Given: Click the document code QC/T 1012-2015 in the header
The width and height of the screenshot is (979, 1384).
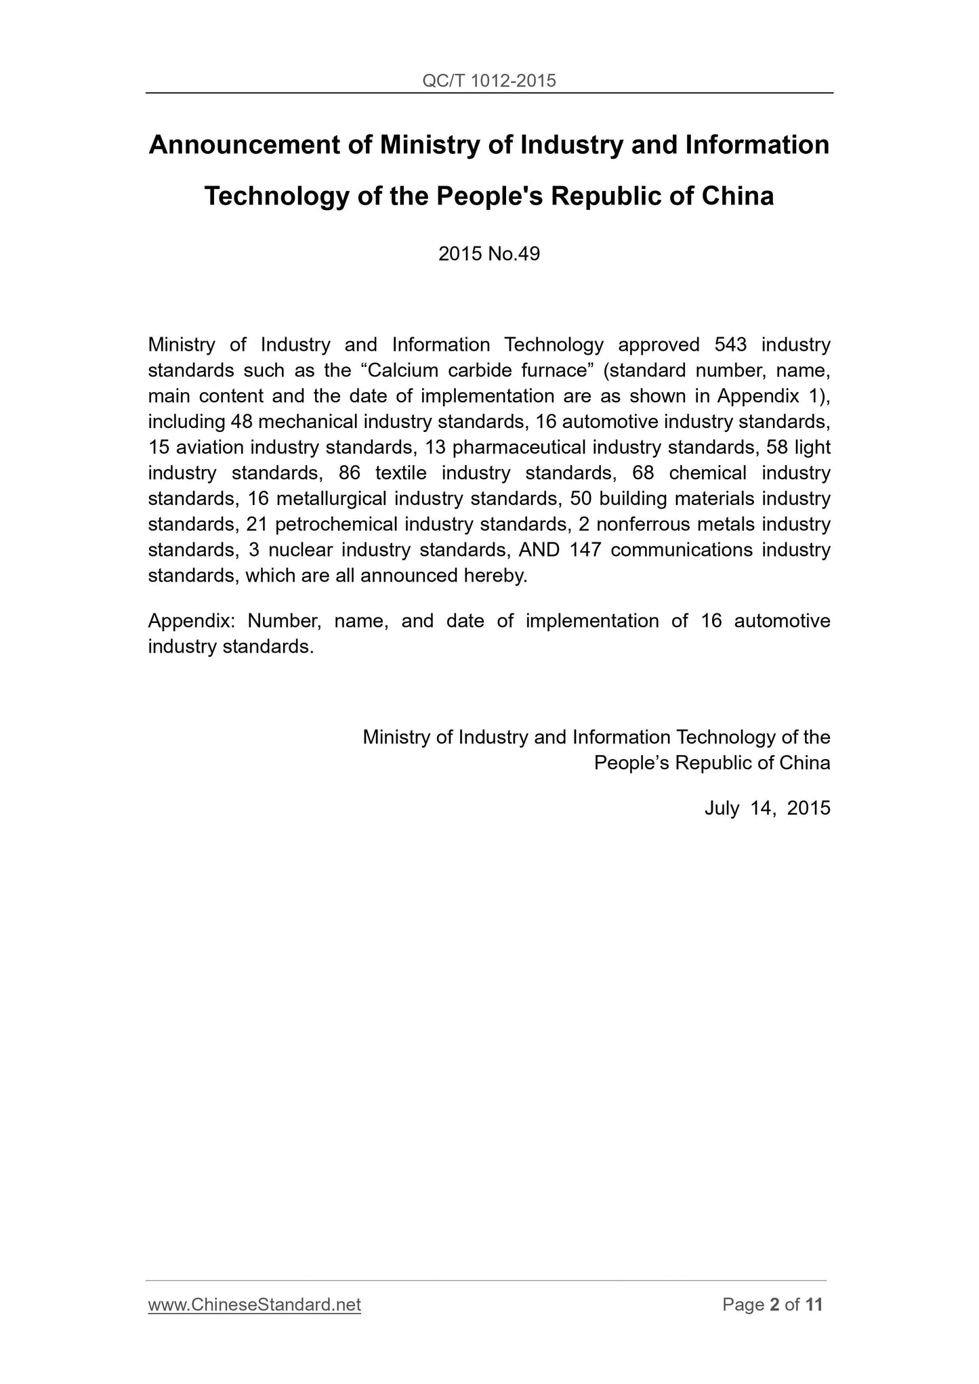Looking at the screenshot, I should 488,81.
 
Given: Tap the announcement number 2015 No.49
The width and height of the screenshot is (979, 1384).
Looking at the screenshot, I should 489,254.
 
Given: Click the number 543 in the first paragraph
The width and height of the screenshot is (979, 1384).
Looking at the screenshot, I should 730,345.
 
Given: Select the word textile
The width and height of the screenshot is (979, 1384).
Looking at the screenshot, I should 400,473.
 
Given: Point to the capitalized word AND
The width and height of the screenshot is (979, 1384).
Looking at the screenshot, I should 539,550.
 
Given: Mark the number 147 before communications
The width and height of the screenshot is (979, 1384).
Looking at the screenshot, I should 585,550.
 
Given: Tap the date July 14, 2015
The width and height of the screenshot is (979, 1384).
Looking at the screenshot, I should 767,808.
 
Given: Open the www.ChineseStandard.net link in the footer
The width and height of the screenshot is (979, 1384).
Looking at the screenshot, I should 254,1305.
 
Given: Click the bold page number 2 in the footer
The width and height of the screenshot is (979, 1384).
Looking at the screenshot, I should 775,1305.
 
